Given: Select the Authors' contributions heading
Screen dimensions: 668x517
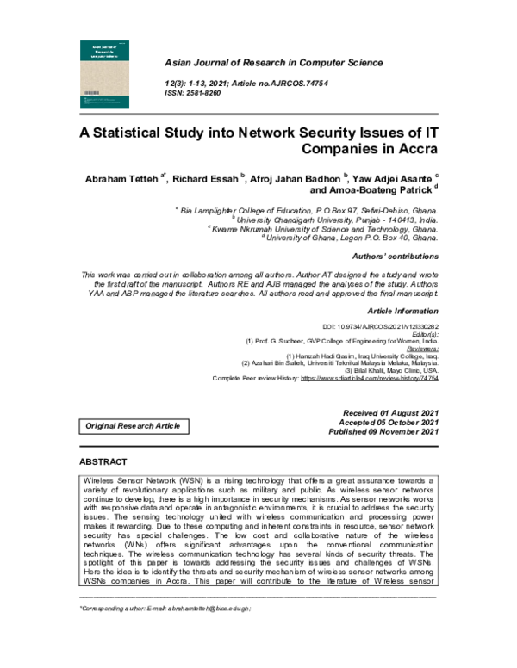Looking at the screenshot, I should [x=396, y=257].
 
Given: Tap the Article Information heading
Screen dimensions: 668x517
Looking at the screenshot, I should [x=402, y=310].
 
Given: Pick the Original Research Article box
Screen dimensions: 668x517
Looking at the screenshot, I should [x=131, y=426].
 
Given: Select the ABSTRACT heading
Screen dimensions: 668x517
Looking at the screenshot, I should [x=103, y=462].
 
